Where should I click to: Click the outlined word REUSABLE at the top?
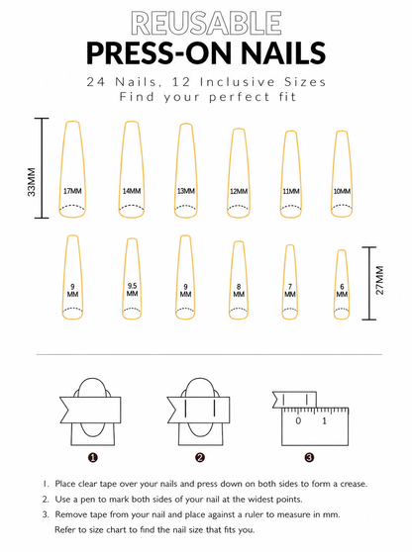(x=206, y=23)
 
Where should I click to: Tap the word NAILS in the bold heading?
(x=283, y=52)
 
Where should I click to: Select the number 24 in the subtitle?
(x=96, y=82)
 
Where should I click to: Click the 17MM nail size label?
(x=72, y=191)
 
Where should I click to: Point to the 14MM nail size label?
(x=132, y=191)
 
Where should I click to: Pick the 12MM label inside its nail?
(x=239, y=192)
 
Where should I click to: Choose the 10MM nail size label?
(x=342, y=192)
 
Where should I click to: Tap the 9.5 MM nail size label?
(x=132, y=290)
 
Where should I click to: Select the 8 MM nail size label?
(x=239, y=291)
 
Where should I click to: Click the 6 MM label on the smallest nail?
(x=342, y=291)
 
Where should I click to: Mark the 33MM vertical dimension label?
(x=32, y=182)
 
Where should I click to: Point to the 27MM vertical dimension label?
(x=379, y=280)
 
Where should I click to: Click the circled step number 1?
(x=93, y=458)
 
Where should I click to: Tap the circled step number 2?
(x=200, y=458)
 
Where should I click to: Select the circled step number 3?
(x=309, y=458)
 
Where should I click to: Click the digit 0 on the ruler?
(x=298, y=420)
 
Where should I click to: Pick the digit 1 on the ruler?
(x=324, y=420)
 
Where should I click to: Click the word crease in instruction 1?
(x=354, y=484)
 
